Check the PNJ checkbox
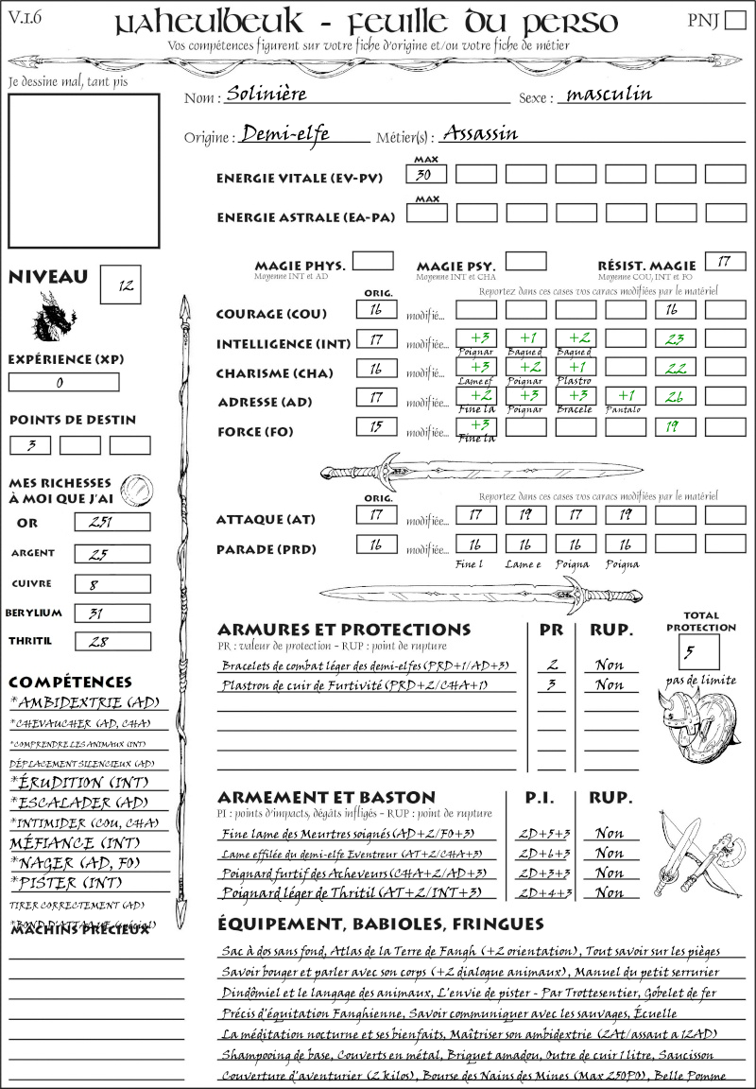(734, 21)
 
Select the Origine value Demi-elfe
(285, 133)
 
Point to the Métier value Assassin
(480, 133)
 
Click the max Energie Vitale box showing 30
(426, 175)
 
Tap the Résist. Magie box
(725, 262)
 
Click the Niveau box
(120, 285)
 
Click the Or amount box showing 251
(112, 522)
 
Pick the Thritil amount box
(112, 642)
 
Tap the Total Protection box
(698, 651)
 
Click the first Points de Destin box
(30, 445)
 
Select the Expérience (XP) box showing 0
(64, 383)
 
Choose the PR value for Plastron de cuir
(551, 684)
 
